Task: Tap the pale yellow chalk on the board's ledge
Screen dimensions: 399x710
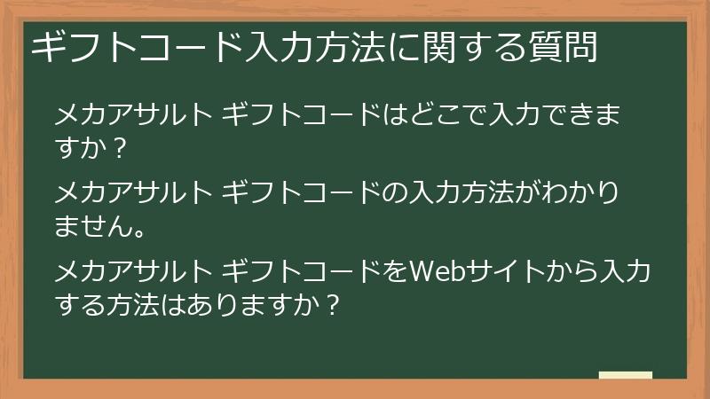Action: (626, 375)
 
